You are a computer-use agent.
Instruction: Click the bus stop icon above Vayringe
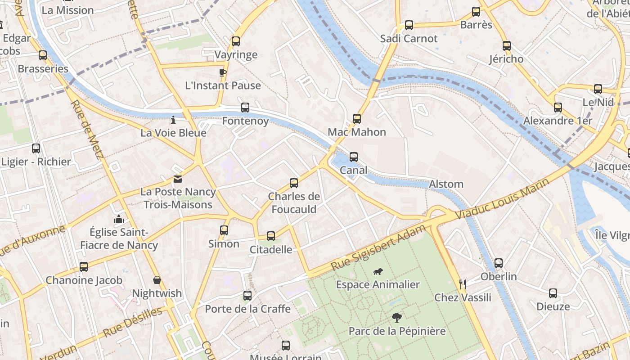tap(235, 41)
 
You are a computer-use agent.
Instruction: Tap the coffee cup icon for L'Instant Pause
tap(222, 72)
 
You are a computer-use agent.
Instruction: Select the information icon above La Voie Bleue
tap(173, 120)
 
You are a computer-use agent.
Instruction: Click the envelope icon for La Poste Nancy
tap(178, 179)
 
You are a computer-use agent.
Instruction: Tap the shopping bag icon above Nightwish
tap(157, 280)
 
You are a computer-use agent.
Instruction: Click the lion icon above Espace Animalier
tap(378, 271)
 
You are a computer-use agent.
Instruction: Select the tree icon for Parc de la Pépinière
tap(396, 318)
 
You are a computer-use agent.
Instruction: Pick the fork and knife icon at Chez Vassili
tap(462, 284)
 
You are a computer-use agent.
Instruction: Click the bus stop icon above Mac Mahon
tap(357, 119)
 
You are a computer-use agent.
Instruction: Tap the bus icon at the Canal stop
tap(354, 157)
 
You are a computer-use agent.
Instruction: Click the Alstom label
tap(446, 184)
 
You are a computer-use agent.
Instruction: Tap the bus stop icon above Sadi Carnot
tap(409, 25)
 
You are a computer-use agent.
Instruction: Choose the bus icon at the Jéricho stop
tap(507, 46)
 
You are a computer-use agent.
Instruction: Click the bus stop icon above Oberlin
tap(498, 263)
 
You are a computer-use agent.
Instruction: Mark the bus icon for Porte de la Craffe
tap(247, 296)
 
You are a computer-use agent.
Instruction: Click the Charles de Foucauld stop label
tap(294, 203)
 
